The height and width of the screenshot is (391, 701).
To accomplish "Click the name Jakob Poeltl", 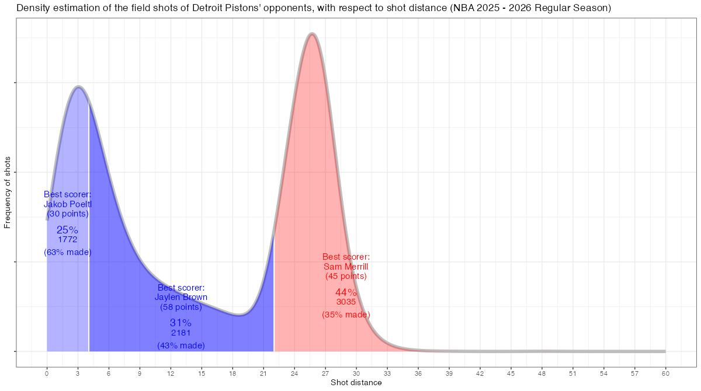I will point(68,204).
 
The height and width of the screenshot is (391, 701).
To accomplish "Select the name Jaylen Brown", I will point(181,297).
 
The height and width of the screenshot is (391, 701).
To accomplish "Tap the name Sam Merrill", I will point(346,267).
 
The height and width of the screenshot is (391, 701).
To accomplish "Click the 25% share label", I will point(67,230).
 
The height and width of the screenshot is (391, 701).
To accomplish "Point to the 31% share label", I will point(181,323).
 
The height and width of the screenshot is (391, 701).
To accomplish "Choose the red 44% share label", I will point(346,292).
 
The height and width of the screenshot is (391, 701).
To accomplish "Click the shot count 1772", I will point(68,239).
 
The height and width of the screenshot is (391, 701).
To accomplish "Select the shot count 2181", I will point(181,333).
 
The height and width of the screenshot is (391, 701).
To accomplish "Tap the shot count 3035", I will point(346,302).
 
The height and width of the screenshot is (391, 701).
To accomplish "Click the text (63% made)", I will point(68,252).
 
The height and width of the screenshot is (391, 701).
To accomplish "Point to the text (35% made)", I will point(346,315).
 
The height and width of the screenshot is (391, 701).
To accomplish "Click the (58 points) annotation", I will point(181,307).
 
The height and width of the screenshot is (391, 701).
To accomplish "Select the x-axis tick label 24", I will point(294,373).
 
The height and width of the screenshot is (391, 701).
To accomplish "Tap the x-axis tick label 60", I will point(665,373).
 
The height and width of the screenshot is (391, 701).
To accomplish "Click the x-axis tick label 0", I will point(47,373).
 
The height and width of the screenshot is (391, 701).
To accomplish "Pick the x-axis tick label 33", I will point(387,373).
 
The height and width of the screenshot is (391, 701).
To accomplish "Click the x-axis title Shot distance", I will point(356,383).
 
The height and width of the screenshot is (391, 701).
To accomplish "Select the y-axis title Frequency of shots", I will point(8,192).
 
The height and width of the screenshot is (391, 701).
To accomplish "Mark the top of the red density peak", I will point(313,34).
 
